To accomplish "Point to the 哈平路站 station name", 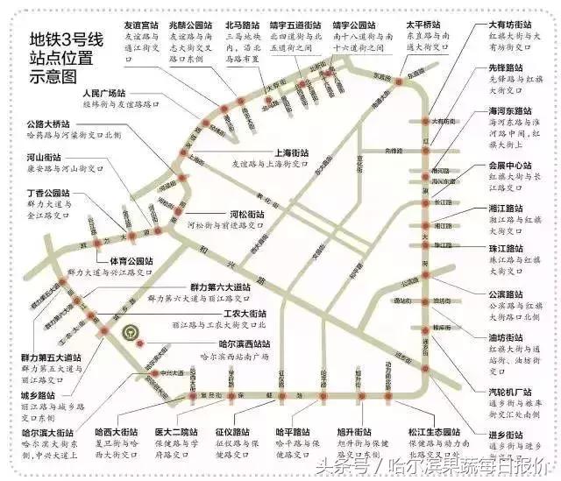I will point(293,432).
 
